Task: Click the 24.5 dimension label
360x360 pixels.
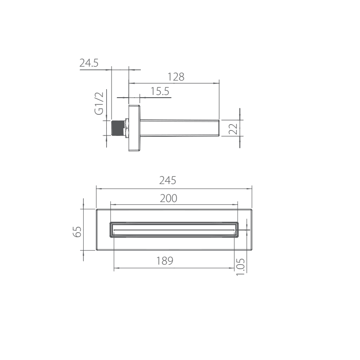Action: [89, 63]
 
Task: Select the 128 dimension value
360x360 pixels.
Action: [176, 77]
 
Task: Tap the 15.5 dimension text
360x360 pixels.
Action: [160, 91]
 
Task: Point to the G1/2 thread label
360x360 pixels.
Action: [99, 103]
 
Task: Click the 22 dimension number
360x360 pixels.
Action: [233, 129]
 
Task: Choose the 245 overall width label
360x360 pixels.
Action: [167, 180]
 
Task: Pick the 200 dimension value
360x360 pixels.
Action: [168, 198]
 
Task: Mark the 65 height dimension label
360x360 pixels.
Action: [77, 232]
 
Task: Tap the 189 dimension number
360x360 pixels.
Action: [165, 261]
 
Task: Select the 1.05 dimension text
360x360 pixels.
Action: [240, 267]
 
